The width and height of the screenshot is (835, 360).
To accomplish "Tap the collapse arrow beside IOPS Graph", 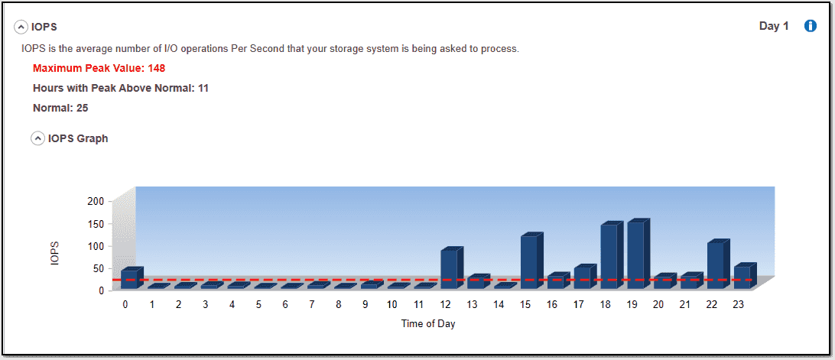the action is [x=37, y=139].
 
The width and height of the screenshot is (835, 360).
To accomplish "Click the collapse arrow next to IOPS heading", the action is [x=21, y=28].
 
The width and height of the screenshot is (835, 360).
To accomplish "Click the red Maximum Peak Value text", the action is [x=99, y=68].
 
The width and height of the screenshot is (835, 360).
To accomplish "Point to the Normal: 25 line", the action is [x=60, y=108].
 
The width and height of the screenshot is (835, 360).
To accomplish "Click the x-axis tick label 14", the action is [x=499, y=305].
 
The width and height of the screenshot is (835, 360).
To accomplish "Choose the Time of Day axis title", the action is [x=428, y=323].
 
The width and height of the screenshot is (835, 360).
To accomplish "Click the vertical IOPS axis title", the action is [x=55, y=253].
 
